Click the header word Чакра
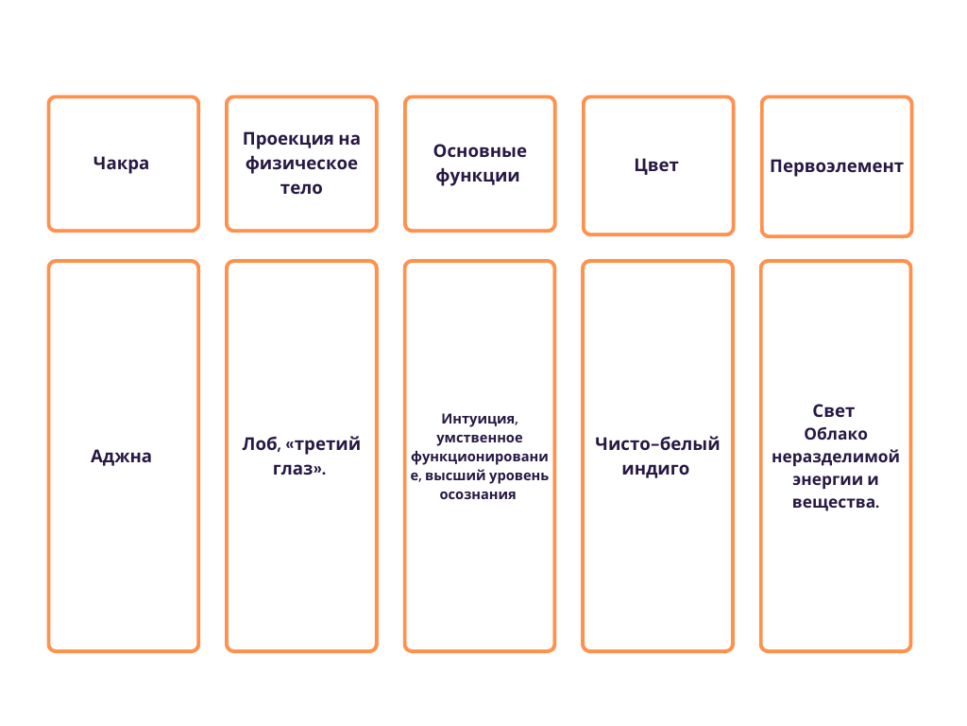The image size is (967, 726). pyautogui.click(x=121, y=163)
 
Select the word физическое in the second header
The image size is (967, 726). pyautogui.click(x=301, y=164)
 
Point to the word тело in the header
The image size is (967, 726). pyautogui.click(x=301, y=187)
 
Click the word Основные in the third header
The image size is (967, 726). pyautogui.click(x=480, y=151)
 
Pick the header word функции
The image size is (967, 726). pyautogui.click(x=478, y=176)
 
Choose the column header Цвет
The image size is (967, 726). pyautogui.click(x=656, y=165)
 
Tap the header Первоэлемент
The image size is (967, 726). pyautogui.click(x=836, y=166)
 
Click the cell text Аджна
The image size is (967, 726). pyautogui.click(x=121, y=456)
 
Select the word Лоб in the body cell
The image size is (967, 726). pyautogui.click(x=249, y=444)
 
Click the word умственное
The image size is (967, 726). pyautogui.click(x=480, y=438)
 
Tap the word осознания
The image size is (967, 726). pyautogui.click(x=478, y=494)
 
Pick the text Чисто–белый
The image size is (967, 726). pyautogui.click(x=657, y=444)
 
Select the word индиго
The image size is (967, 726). pyautogui.click(x=655, y=469)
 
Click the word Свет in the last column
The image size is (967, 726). pyautogui.click(x=833, y=411)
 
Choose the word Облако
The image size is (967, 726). pyautogui.click(x=836, y=434)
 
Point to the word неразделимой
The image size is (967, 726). pyautogui.click(x=836, y=457)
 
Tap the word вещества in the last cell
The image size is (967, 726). pyautogui.click(x=834, y=502)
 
